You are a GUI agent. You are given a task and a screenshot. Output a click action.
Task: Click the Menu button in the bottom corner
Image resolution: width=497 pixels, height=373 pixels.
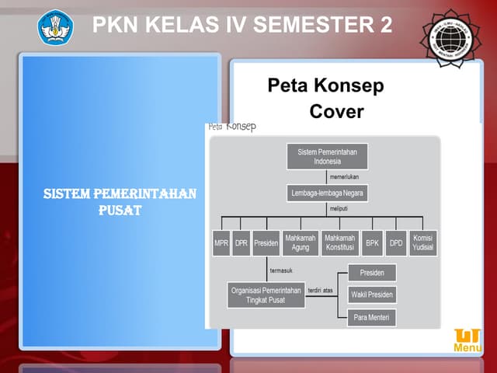[x=467, y=341]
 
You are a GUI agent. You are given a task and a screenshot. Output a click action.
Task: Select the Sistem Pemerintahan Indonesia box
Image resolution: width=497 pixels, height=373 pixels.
[x=328, y=156]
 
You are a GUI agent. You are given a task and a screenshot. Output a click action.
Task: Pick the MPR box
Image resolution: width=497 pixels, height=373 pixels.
[x=221, y=242]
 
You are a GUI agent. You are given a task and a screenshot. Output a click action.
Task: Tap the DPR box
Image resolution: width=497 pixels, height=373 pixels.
[x=242, y=242]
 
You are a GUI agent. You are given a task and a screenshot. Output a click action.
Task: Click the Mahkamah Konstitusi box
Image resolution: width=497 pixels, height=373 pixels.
[x=339, y=242]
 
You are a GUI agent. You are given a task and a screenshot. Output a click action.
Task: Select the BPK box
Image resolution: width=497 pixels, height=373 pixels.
[x=373, y=242]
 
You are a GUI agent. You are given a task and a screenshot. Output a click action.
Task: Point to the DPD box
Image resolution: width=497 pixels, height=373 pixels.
[x=397, y=242]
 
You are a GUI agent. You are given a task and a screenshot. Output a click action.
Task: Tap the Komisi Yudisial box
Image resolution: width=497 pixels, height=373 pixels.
[x=424, y=242]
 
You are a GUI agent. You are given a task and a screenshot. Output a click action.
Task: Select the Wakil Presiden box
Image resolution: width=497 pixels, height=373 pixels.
[x=372, y=295]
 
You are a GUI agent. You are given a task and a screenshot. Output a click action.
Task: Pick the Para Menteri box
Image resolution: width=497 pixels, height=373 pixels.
[x=372, y=317]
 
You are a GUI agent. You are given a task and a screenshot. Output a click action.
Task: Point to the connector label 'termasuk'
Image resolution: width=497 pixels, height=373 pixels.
[x=281, y=270]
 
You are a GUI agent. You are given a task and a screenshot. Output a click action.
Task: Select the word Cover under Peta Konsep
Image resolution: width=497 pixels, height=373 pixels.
[x=336, y=111]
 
